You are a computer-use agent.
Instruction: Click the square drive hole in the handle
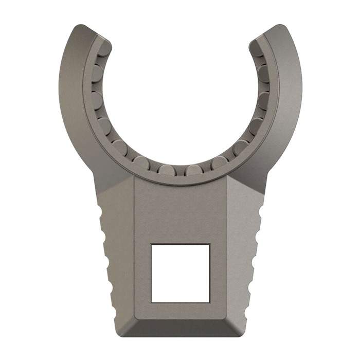click(x=180, y=273)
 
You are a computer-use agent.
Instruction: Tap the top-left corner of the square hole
click(x=151, y=244)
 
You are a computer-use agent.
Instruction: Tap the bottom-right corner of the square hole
click(x=209, y=301)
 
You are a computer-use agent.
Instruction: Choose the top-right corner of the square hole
click(x=209, y=244)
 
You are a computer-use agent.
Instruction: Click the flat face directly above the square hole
click(x=180, y=211)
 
